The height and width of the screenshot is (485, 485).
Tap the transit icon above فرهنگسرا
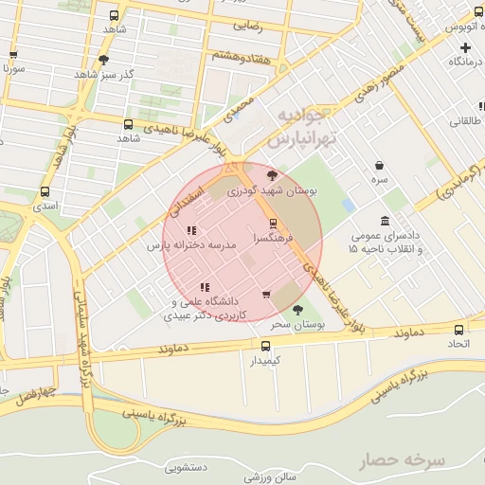coord(273,224)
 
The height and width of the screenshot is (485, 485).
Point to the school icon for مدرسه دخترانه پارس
coord(191,230)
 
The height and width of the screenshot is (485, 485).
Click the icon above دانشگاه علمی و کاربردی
coord(204,287)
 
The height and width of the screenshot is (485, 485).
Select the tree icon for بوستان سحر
coord(297,309)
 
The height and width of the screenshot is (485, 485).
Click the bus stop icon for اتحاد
coord(459,330)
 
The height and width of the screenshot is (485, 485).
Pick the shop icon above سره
coord(379,164)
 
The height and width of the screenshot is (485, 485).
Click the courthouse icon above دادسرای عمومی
coord(385,220)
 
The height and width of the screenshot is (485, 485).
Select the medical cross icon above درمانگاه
coord(465,46)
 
